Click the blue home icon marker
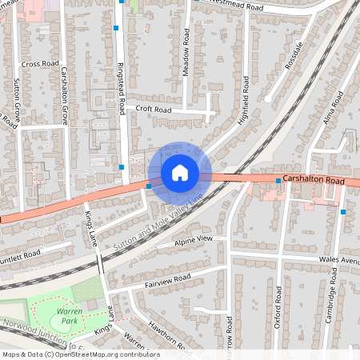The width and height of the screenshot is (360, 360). point(180,172)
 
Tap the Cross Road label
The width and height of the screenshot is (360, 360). point(41,64)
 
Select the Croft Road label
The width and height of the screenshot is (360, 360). point(154,110)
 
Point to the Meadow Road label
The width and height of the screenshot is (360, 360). point(186,54)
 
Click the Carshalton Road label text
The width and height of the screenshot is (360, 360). point(314,182)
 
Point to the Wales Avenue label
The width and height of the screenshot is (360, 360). point(339,260)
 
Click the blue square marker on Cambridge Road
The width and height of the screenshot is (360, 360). point(342,212)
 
